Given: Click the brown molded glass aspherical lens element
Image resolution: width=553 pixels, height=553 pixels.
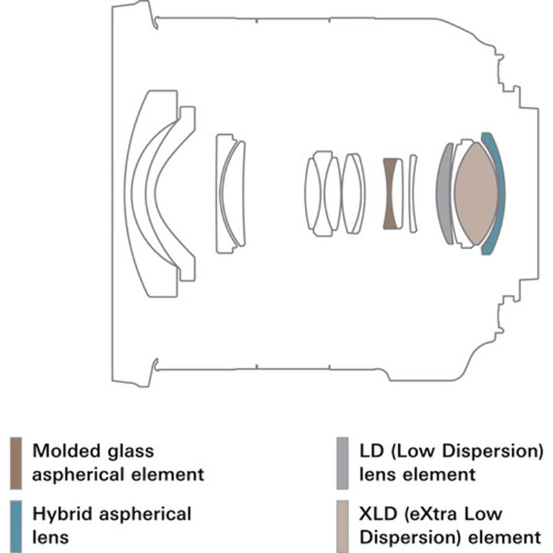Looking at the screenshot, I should click(391, 194).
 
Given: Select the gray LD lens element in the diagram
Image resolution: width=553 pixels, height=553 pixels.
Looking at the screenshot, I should click(444, 194).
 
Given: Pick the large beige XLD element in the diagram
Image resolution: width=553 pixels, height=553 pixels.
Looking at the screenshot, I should click(476, 194).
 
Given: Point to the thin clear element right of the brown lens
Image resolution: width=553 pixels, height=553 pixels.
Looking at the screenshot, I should click(413, 194).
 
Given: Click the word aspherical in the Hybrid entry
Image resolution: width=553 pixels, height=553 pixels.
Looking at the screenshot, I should click(143, 514).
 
